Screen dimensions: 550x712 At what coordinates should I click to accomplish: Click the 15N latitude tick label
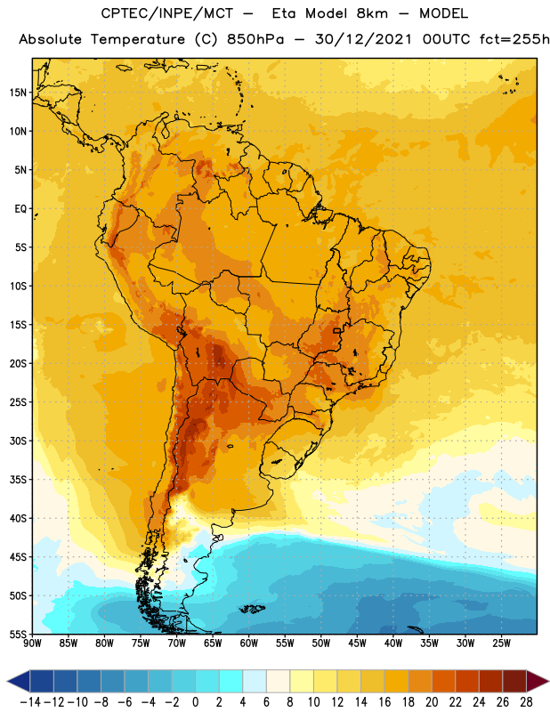(x=18, y=93)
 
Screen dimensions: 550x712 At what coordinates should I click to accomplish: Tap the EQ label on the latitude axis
(x=20, y=209)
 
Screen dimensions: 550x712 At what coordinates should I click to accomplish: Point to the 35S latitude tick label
(x=18, y=480)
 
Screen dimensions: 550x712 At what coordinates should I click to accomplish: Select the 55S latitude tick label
(x=18, y=634)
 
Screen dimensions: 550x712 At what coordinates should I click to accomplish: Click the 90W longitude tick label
(x=32, y=643)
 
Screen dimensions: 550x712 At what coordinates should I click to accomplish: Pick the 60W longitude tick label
(x=249, y=643)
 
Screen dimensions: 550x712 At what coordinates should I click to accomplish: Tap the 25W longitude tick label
(x=501, y=643)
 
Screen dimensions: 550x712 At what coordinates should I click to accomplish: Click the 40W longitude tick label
(x=393, y=643)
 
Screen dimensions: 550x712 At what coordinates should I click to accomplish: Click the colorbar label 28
(x=526, y=702)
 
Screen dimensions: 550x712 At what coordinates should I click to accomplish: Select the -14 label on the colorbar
(x=30, y=702)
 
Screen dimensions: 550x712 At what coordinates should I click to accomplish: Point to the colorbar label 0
(x=195, y=702)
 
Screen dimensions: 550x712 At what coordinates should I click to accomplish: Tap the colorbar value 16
(x=384, y=702)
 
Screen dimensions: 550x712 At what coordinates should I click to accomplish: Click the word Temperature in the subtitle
(x=138, y=39)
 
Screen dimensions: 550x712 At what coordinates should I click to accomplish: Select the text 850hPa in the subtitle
(x=255, y=39)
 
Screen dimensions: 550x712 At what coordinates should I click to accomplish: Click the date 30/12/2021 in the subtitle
(x=363, y=39)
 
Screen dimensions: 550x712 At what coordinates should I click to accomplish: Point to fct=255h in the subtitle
(x=514, y=39)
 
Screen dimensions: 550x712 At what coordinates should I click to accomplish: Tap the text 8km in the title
(x=372, y=13)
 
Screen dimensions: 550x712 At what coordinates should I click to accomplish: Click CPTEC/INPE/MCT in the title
(x=166, y=13)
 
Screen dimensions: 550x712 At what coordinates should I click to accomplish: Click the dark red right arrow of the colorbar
(x=537, y=681)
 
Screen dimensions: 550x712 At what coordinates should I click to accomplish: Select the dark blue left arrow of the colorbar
(x=19, y=681)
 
